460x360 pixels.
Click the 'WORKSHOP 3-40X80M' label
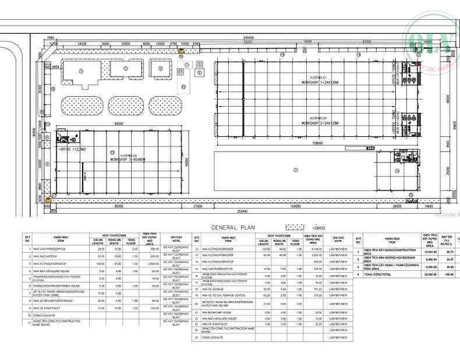[x=129, y=159]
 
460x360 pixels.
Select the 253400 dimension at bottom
[x=239, y=211]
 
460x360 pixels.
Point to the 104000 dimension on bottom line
[x=295, y=206]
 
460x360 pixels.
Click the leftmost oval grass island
[x=82, y=105]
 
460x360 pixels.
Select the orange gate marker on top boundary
[x=181, y=50]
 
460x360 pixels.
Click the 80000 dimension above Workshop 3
[x=119, y=123]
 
